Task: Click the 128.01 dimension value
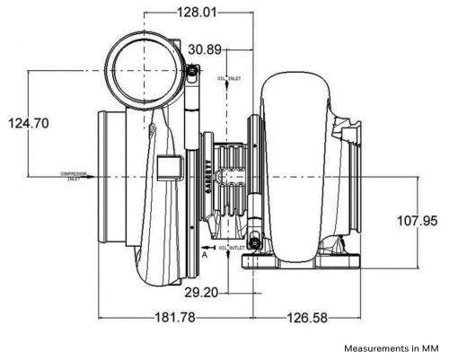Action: [197, 13]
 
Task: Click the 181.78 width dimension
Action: [175, 317]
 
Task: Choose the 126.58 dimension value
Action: [296, 317]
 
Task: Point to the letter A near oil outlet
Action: [206, 254]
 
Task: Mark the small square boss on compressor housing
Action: [166, 167]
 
